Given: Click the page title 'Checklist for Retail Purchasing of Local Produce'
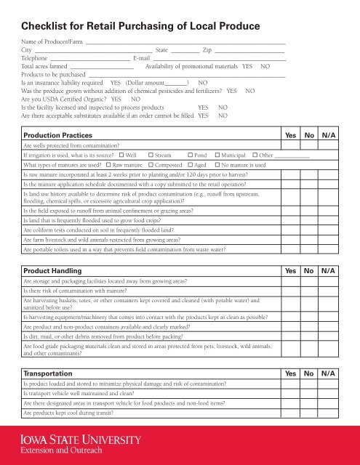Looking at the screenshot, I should pos(141,28).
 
